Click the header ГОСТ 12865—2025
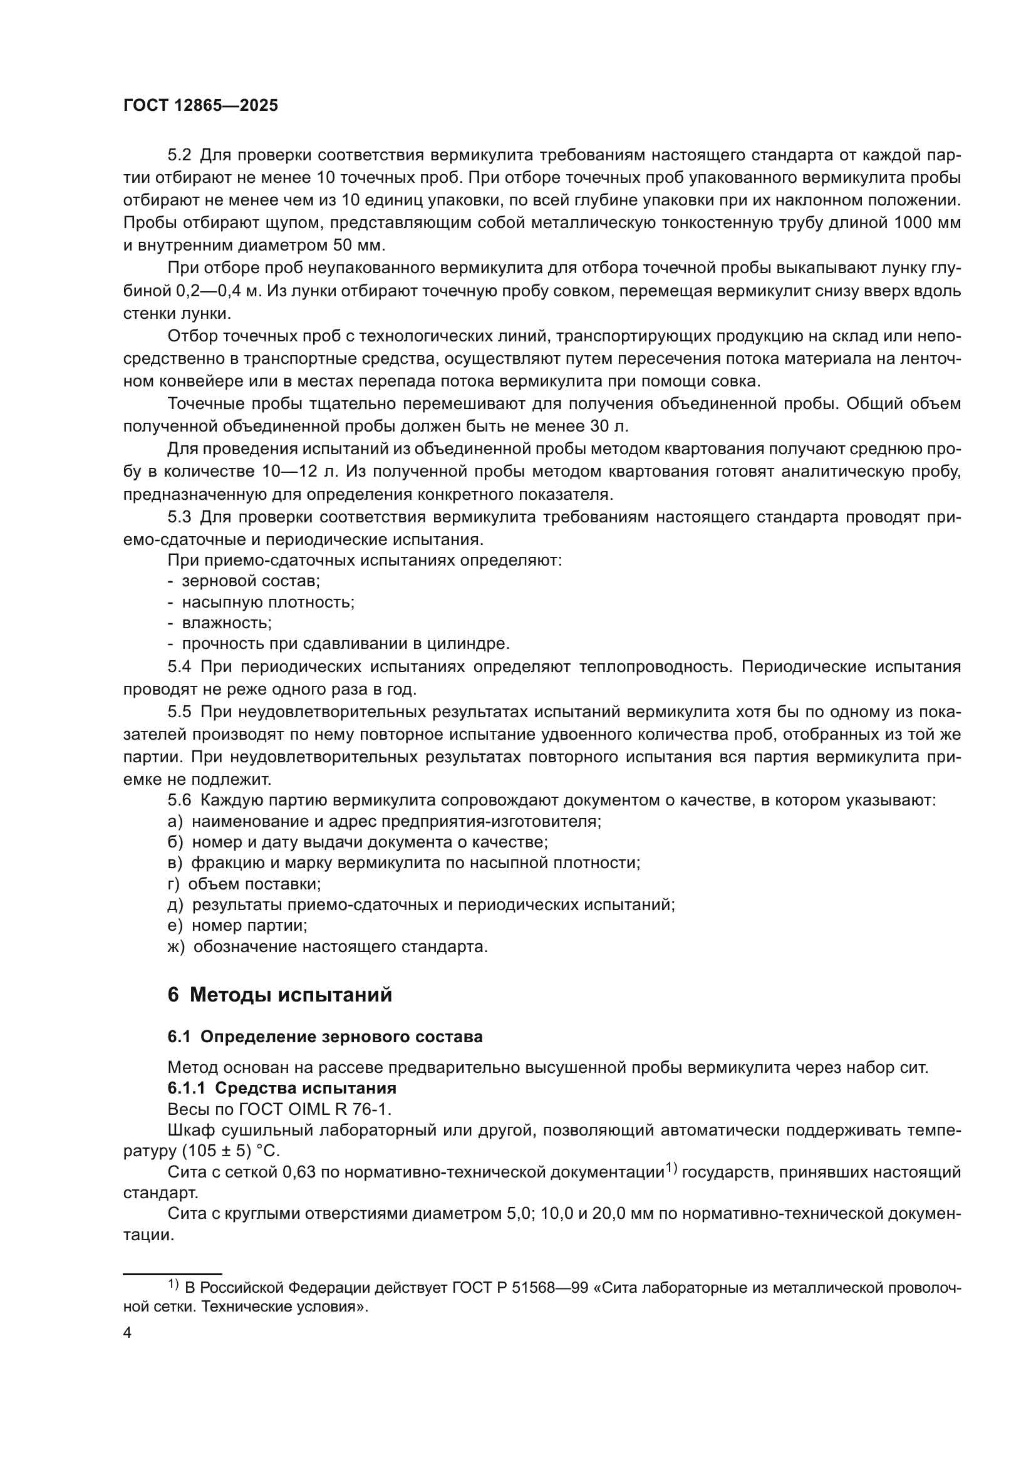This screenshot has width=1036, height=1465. (x=200, y=106)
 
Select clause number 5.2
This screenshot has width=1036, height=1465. (x=179, y=156)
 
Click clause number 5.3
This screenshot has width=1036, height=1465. (x=179, y=517)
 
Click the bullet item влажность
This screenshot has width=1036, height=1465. (x=227, y=623)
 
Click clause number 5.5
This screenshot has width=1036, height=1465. (x=179, y=712)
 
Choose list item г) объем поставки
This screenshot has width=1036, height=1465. (x=244, y=884)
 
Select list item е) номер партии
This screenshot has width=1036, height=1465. (x=237, y=925)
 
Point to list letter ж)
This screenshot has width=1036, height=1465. (x=175, y=946)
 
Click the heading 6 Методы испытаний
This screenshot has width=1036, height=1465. (x=279, y=995)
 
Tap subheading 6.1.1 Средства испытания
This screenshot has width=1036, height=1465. (x=282, y=1088)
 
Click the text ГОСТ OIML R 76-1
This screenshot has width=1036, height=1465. (x=321, y=1109)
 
